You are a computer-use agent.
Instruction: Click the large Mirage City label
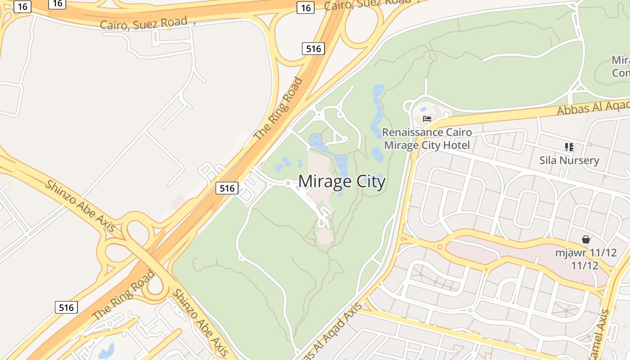(x=342, y=182)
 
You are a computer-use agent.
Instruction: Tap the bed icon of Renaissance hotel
(x=427, y=119)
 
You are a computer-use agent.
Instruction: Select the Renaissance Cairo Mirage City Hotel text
(x=427, y=139)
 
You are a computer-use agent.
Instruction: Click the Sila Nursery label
(x=569, y=160)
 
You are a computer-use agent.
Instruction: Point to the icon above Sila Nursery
(x=569, y=147)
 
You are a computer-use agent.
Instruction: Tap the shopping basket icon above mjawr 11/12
(x=585, y=239)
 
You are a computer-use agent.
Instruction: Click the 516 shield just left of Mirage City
(x=227, y=188)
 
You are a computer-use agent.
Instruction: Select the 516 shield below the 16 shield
(x=313, y=49)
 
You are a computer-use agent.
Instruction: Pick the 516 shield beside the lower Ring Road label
(x=66, y=307)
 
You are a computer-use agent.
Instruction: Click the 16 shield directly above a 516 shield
(x=305, y=8)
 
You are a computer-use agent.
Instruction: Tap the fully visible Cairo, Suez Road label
(x=144, y=23)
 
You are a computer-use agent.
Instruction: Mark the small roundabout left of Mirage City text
(x=288, y=183)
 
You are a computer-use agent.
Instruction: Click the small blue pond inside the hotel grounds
(x=423, y=109)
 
